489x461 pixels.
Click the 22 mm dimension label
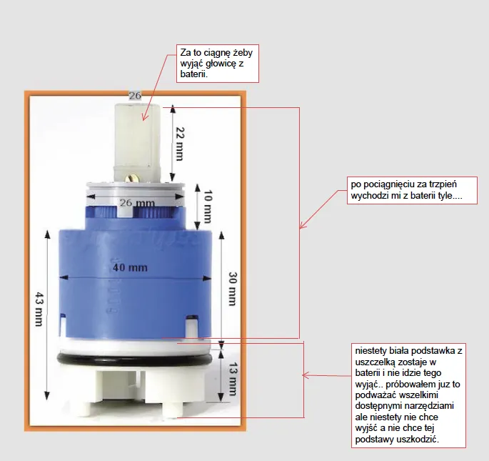(180, 144)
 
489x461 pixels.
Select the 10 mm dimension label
(208, 207)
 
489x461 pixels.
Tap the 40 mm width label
(130, 268)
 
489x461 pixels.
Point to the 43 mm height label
(39, 309)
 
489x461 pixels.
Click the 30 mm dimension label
(233, 289)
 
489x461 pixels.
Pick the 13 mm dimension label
(233, 379)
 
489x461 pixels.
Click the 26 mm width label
(138, 203)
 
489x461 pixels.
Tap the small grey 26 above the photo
(135, 96)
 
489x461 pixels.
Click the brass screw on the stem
(131, 179)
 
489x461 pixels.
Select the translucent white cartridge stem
(138, 143)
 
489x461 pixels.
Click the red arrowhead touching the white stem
(144, 117)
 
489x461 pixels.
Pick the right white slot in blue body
(192, 327)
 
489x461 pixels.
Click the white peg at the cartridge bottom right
(174, 410)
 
